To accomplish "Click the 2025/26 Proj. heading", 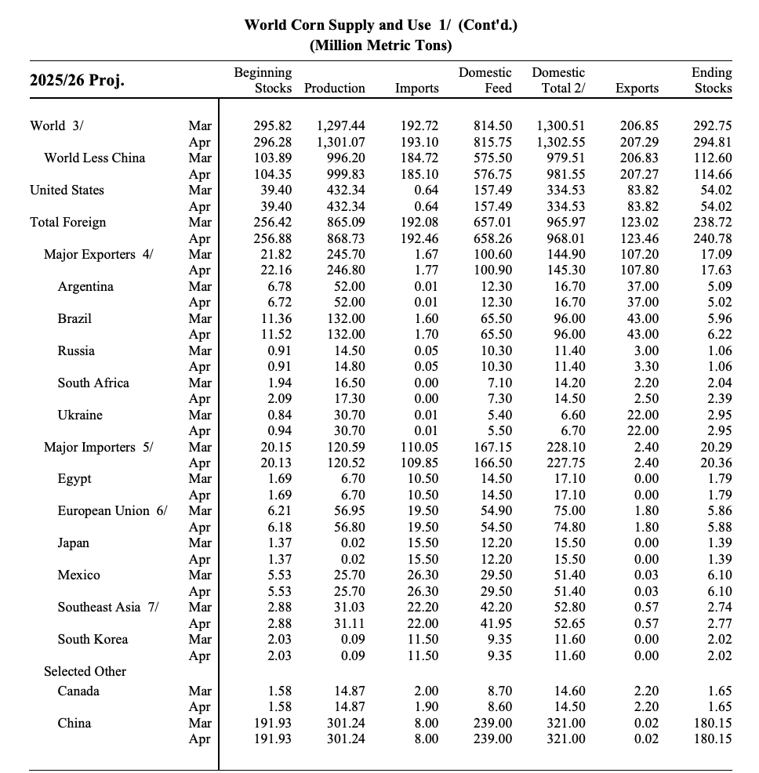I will [x=77, y=81].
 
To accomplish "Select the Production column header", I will [x=334, y=89].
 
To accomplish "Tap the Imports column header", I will [x=416, y=89].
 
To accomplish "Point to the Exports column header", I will [x=637, y=89].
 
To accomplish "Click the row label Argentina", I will [x=85, y=287].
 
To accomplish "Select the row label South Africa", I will [x=93, y=383].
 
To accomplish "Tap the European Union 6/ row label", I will [x=113, y=511].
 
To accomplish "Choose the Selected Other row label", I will [x=85, y=672].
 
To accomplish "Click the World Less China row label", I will [x=94, y=158].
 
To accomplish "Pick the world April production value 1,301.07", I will [x=340, y=143].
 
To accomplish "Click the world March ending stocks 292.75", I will [x=713, y=126].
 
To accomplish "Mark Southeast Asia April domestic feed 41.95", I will [x=493, y=624].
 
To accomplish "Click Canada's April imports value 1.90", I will [x=426, y=707].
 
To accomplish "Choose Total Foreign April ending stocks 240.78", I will [x=713, y=238].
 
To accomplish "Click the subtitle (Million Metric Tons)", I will [x=380, y=45].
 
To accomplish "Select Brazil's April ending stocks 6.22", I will [x=718, y=335].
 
